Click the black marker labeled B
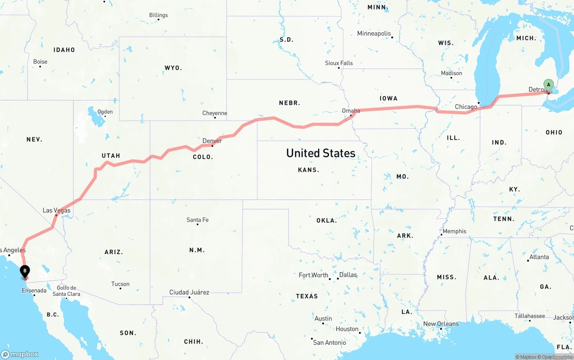pos(25,271)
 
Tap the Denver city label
pos(212,141)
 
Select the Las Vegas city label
pos(57,210)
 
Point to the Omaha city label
pos(351,111)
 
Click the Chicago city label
pos(466,107)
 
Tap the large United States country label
pos(321,153)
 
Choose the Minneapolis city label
pos(374,34)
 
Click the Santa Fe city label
pos(197,220)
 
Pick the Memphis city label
pos(454,231)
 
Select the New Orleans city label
pos(441,324)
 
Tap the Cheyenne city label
pos(215,113)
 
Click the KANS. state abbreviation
pos(309,170)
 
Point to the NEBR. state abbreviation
pos(289,103)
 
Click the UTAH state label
pos(111,156)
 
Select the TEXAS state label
pos(307,296)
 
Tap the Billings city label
pos(158,15)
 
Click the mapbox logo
pos(20,354)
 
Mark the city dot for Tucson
pos(120,288)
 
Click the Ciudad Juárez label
pos(189,292)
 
